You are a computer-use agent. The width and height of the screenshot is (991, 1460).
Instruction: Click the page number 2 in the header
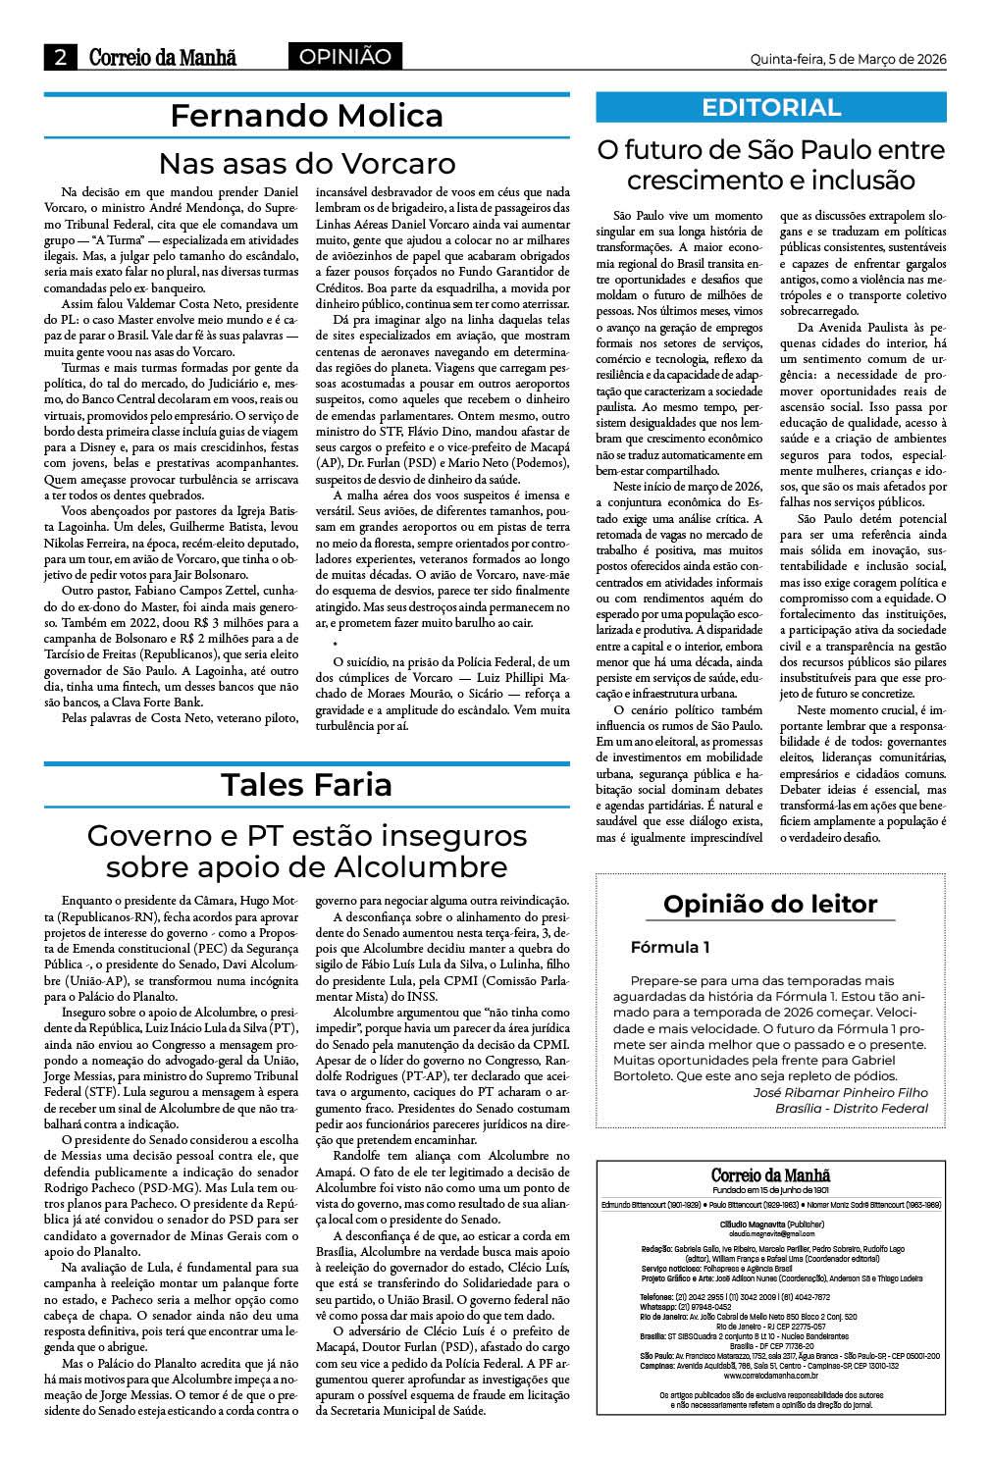tap(60, 58)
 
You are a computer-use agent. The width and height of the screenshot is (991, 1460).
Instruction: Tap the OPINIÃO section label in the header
tap(344, 57)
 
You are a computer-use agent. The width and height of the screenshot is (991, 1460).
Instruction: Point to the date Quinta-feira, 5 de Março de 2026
tap(848, 59)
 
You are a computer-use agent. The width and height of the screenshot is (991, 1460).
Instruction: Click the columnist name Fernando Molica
tap(306, 116)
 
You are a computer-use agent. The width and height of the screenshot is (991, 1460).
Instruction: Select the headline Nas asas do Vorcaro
tap(306, 163)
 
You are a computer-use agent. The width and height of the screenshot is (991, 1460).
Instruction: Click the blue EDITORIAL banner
tap(770, 108)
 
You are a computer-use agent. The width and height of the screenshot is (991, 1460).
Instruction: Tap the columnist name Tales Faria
tap(306, 785)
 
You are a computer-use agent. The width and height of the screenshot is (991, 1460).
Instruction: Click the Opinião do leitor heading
tap(770, 904)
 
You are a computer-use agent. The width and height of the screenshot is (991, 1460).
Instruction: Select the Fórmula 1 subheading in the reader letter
tap(670, 948)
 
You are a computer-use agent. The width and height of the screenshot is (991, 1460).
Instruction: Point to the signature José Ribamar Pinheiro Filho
tap(840, 1092)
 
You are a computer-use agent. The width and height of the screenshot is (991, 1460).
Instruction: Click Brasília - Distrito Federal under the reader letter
tap(851, 1108)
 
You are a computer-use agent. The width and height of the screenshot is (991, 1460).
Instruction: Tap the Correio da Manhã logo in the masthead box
tap(770, 1175)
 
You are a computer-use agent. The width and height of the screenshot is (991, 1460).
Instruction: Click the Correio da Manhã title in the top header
tap(163, 58)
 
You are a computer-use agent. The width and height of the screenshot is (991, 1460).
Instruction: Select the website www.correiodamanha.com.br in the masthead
tap(770, 1376)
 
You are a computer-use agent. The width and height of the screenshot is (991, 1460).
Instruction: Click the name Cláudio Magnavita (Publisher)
tap(770, 1225)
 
